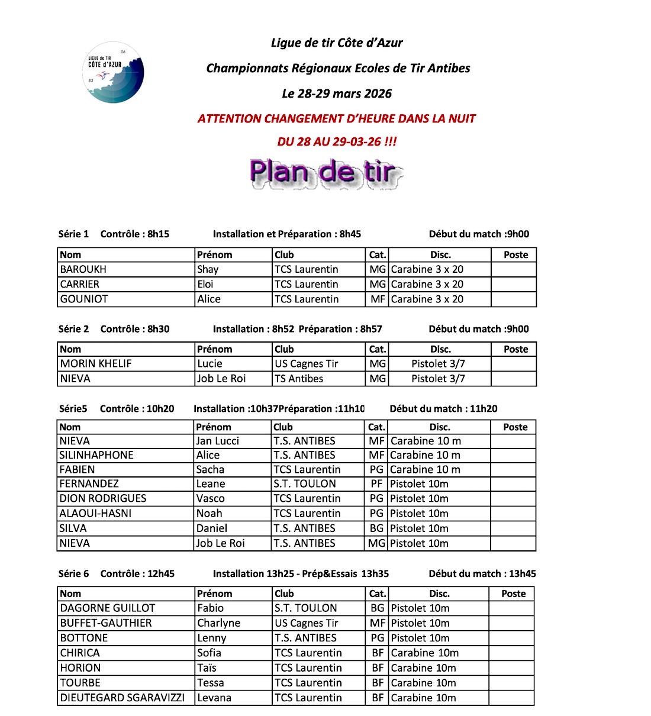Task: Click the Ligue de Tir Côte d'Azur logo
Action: point(114,73)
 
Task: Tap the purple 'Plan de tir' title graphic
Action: point(325,173)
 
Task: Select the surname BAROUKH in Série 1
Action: point(83,269)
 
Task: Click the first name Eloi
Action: point(205,284)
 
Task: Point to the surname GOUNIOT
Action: point(84,299)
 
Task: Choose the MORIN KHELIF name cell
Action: point(96,363)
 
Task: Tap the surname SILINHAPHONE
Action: point(96,455)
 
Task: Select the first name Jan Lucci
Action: point(218,441)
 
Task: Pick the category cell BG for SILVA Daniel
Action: point(376,528)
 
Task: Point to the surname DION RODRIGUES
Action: point(103,498)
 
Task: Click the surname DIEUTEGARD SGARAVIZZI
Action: point(123,698)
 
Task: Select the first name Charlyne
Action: point(219,623)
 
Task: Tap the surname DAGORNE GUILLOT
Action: point(108,608)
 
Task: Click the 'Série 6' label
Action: point(74,573)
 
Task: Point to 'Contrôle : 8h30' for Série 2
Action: point(135,329)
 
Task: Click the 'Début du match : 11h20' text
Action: point(443,408)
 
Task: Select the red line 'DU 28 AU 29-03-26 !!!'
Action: point(337,141)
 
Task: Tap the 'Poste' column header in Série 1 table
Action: point(515,255)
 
